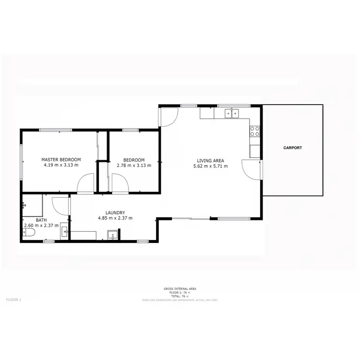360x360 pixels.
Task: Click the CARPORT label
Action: coord(292,148)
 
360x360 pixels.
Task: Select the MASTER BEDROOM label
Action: coord(61,159)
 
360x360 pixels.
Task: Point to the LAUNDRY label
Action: coord(115,213)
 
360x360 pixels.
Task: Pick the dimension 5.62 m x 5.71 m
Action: coord(210,167)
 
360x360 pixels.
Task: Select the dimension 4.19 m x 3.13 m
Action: coord(61,165)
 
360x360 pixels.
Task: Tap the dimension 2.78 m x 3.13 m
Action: coord(134,165)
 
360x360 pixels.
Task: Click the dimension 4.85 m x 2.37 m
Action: coord(115,218)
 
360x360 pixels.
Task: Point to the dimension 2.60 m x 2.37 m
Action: coord(41,225)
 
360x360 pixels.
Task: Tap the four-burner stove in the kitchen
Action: coord(255,132)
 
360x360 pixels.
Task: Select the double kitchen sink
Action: coord(231,113)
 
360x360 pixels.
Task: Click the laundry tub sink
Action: coord(113,235)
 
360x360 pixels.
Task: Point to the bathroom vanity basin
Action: coord(66,234)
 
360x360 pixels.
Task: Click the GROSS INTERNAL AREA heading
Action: coord(180,288)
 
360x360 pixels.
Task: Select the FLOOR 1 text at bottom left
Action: coord(13,300)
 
